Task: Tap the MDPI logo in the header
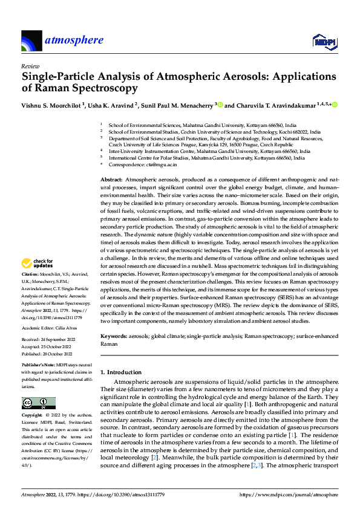pos(323,41)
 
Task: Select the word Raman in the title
pos(51,88)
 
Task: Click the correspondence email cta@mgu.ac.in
pos(159,164)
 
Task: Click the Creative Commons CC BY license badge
pos(39,403)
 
